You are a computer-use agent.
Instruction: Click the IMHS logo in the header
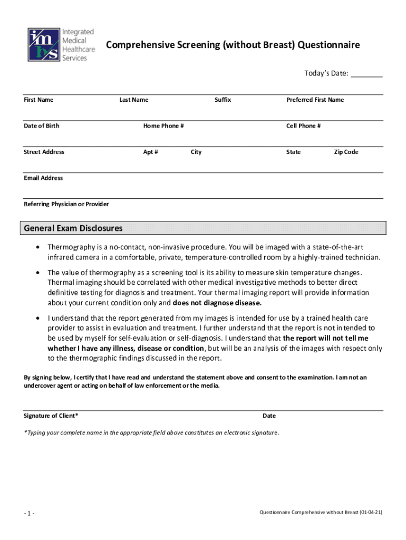[44, 44]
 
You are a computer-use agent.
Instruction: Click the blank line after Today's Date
[366, 74]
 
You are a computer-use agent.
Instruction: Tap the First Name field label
[38, 100]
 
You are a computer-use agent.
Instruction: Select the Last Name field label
[134, 100]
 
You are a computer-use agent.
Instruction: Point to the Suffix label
[223, 100]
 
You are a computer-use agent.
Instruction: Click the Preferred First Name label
[315, 100]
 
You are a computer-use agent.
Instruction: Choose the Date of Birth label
[42, 126]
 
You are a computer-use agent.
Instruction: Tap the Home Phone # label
[163, 126]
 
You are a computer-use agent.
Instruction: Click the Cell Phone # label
[303, 126]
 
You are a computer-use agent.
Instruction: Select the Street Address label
[44, 152]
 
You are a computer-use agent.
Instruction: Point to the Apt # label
[150, 152]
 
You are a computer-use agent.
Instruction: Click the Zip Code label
[346, 152]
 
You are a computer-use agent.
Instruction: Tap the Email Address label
[43, 178]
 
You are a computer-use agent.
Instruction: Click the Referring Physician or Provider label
[66, 204]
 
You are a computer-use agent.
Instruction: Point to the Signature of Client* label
[51, 416]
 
